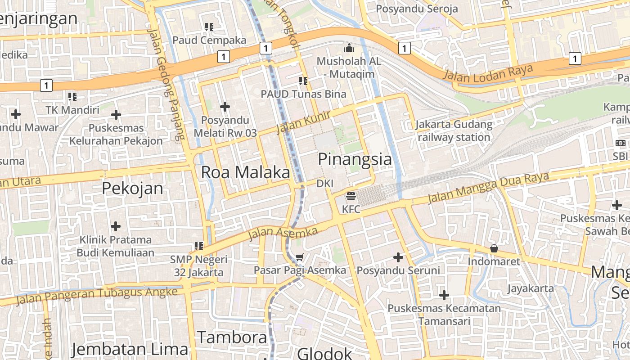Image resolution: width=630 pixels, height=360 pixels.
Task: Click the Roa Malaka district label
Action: pyautogui.click(x=245, y=172)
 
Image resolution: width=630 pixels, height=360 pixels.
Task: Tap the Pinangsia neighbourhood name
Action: pyautogui.click(x=355, y=159)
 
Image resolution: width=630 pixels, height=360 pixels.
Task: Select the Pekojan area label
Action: pyautogui.click(x=132, y=188)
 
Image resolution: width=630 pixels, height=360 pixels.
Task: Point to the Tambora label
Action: pyautogui.click(x=232, y=337)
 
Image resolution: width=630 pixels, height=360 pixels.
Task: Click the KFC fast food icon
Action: pyautogui.click(x=351, y=196)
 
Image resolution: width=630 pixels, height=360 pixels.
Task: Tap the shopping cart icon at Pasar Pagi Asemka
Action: pyautogui.click(x=300, y=258)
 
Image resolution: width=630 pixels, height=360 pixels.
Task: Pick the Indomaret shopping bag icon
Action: pyautogui.click(x=494, y=248)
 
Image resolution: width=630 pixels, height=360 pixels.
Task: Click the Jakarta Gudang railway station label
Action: pyautogui.click(x=454, y=130)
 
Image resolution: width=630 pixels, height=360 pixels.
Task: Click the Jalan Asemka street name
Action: pyautogui.click(x=283, y=234)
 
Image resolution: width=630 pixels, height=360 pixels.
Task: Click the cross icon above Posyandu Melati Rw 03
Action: pyautogui.click(x=225, y=107)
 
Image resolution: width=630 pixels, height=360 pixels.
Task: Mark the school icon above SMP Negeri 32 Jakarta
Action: pyautogui.click(x=199, y=246)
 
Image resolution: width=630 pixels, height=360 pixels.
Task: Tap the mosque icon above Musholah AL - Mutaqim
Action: pyautogui.click(x=349, y=47)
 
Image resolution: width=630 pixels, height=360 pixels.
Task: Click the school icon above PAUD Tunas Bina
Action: pyautogui.click(x=303, y=81)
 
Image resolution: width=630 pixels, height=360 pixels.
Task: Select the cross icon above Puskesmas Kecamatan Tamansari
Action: pyautogui.click(x=444, y=295)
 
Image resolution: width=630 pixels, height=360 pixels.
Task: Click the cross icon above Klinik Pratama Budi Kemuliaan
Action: pyautogui.click(x=116, y=226)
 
